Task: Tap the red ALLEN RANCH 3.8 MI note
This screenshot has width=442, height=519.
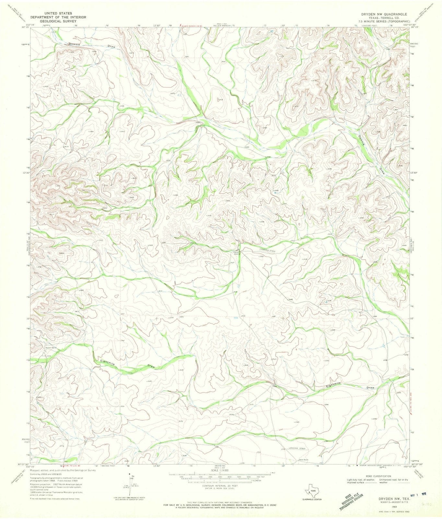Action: coord(191,26)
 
